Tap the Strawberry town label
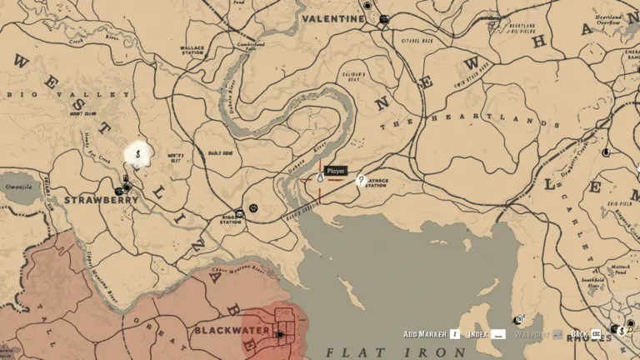pos(101,200)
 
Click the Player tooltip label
pos(335,171)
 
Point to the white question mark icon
pos(361,179)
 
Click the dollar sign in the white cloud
pos(137,154)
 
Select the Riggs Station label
pos(231,221)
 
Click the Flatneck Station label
pos(376,183)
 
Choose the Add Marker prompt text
pos(423,333)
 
